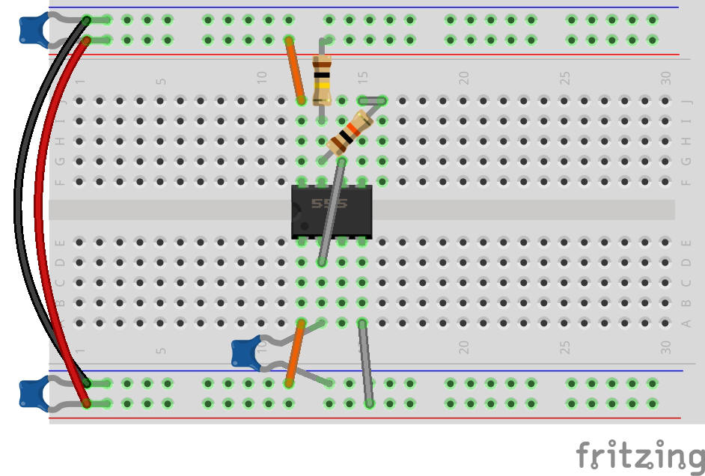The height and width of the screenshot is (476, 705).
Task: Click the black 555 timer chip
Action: (x=332, y=212)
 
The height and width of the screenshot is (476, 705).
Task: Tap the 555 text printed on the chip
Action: (x=329, y=204)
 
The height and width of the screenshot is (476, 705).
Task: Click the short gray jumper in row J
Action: (x=372, y=100)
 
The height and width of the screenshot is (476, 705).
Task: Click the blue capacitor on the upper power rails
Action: (x=31, y=28)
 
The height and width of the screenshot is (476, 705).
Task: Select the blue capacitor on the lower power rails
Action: (x=31, y=393)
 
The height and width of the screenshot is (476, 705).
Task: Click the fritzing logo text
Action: (x=639, y=454)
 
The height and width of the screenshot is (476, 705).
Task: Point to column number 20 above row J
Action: (x=464, y=77)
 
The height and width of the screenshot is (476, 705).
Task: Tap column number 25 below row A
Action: (x=566, y=348)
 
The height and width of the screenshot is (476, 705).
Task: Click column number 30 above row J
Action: (x=665, y=77)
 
